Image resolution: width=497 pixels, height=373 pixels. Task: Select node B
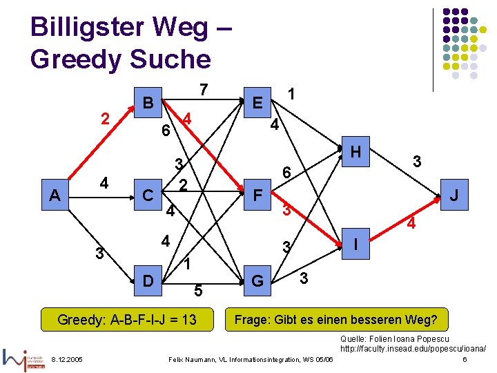click(146, 103)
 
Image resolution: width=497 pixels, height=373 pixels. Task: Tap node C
click(147, 195)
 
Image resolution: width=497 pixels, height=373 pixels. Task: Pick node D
click(147, 280)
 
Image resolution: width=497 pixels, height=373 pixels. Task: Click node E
click(257, 103)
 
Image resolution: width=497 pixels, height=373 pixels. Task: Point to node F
click(257, 195)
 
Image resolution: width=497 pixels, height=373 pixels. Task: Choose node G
click(257, 280)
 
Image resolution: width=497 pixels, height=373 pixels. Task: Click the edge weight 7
click(203, 90)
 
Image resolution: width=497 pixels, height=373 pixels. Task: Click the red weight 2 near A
click(104, 119)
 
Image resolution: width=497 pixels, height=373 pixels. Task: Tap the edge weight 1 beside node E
click(293, 93)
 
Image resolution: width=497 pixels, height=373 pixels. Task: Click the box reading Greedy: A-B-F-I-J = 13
click(127, 320)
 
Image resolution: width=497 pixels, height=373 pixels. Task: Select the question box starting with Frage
click(336, 320)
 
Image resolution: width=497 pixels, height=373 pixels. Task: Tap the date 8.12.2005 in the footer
click(67, 359)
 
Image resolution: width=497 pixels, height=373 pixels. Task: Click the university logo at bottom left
click(25, 358)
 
